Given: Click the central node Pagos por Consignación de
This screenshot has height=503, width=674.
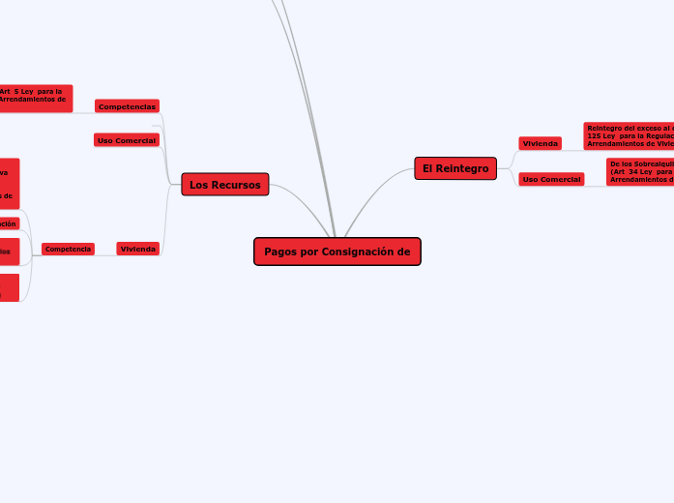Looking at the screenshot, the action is [337, 251].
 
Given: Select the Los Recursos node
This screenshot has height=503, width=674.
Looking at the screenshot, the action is [225, 185].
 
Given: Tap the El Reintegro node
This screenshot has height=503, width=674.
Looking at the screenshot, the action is [455, 168].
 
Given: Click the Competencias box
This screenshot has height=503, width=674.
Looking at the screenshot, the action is [127, 105].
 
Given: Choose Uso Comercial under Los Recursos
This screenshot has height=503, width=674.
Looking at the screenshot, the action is [127, 140].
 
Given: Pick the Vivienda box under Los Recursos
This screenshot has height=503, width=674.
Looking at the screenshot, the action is [138, 249].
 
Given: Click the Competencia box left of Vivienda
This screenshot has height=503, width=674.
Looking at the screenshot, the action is [68, 249].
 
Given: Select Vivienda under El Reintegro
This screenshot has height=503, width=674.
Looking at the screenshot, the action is [540, 143].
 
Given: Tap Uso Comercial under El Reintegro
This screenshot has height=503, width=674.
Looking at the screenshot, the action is [551, 179].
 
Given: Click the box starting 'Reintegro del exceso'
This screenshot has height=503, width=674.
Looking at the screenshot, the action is [629, 135].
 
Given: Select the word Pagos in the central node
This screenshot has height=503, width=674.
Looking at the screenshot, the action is [280, 251].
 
